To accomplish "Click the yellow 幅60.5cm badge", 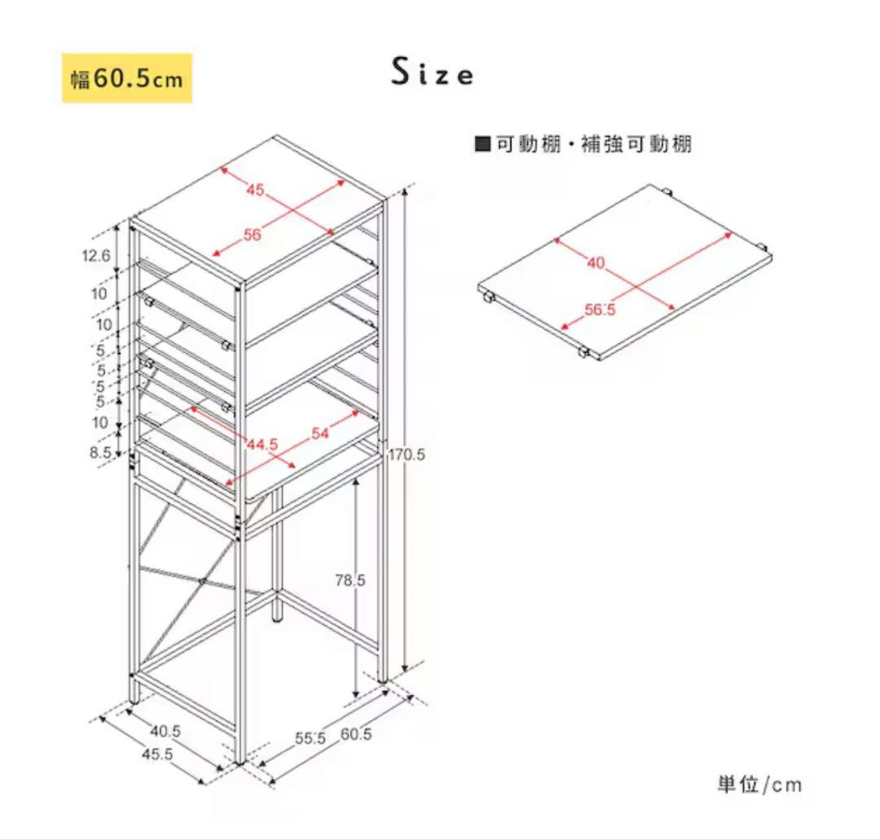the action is [x=127, y=78].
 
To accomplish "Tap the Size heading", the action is [x=432, y=72].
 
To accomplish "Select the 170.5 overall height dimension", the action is [x=407, y=455].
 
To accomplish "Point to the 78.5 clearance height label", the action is [x=350, y=580].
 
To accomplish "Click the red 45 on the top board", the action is [x=255, y=190].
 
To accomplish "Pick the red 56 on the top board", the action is [x=253, y=235].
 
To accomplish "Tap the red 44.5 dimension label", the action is [x=262, y=444].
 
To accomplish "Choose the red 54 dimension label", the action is [x=320, y=433].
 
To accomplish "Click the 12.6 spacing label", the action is [x=96, y=256].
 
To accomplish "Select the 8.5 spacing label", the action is [x=100, y=451].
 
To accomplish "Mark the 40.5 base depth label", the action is [x=165, y=732].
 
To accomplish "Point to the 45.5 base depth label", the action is [x=158, y=754].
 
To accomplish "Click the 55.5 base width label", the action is [x=310, y=738].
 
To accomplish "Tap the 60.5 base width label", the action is [x=356, y=735].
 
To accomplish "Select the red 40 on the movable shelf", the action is [x=596, y=262].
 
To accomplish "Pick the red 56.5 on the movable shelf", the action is [x=600, y=310].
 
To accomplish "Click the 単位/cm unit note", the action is [x=759, y=784].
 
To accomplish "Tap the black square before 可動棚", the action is [x=482, y=144].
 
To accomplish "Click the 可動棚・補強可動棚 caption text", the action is [x=594, y=144].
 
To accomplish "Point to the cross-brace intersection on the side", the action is [x=203, y=581].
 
